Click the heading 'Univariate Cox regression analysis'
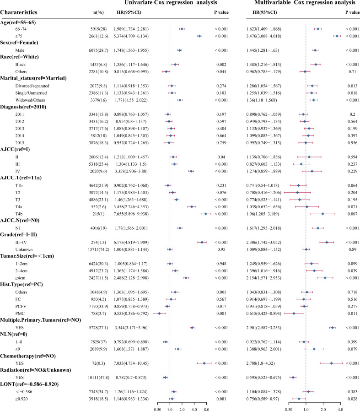click(x=169, y=3)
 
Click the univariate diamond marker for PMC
click(x=159, y=314)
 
